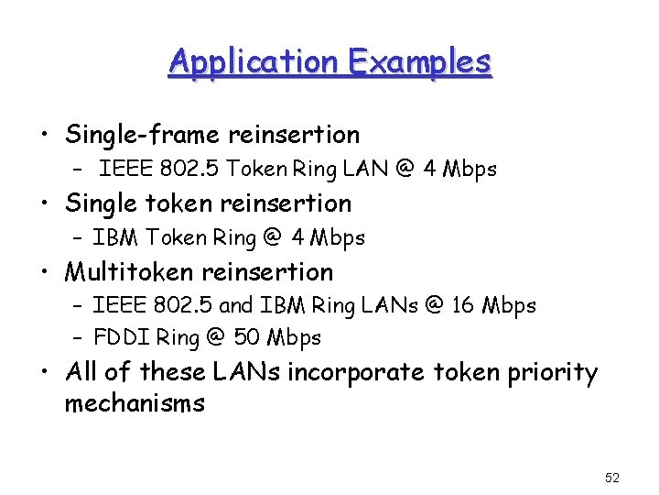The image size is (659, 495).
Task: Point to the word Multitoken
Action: pyautogui.click(x=128, y=272)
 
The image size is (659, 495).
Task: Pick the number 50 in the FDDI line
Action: pyautogui.click(x=246, y=337)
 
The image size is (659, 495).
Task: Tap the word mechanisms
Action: pyautogui.click(x=135, y=403)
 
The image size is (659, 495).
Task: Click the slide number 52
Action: pyautogui.click(x=612, y=478)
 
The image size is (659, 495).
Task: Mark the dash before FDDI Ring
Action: pyautogui.click(x=77, y=337)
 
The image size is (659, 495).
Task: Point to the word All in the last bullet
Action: pyautogui.click(x=83, y=373)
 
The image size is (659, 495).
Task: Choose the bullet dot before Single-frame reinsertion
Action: pyautogui.click(x=45, y=136)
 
